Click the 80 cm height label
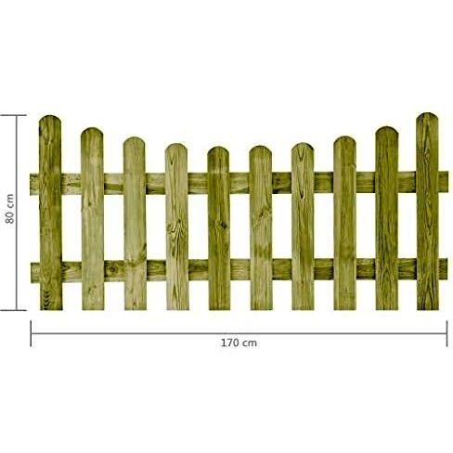tap(9, 209)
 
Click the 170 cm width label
tap(239, 343)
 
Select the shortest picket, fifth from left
tap(218, 228)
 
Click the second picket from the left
tap(92, 218)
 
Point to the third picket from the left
tap(135, 224)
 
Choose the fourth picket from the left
tap(176, 226)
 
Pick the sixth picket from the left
tap(261, 227)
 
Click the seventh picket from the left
tap(303, 226)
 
